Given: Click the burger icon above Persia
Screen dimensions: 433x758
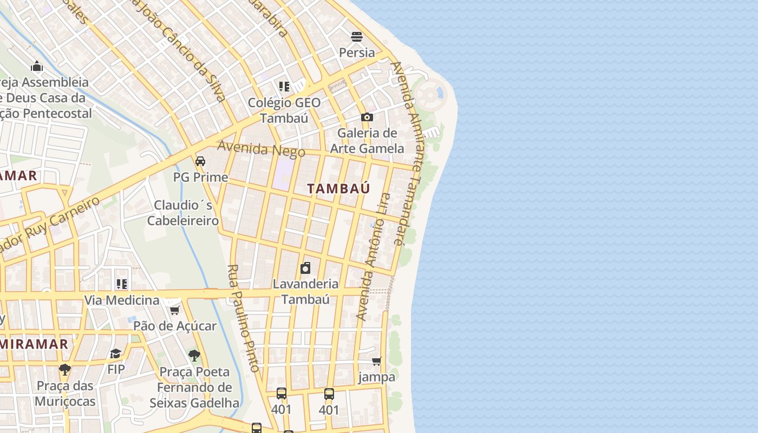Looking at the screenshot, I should pos(357,37).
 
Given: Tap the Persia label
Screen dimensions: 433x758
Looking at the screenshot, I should pos(357,53).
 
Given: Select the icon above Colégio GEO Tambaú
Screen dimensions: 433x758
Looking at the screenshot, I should pos(284,87).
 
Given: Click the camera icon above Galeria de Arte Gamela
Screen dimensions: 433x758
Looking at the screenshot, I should pos(367,117).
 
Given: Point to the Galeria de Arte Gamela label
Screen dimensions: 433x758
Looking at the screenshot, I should pos(367,141).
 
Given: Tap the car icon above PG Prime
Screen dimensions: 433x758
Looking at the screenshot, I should pos(200,161).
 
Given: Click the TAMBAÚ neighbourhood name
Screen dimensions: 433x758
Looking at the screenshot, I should pos(338,188).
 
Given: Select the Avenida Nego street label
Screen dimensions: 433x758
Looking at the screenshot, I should pos(261,149).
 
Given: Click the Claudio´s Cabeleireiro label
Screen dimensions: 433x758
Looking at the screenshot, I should pos(183,213).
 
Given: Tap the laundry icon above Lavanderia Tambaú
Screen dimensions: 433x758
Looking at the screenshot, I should pos(305,268).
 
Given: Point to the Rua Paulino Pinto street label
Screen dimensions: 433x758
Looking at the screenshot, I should pos(243,318).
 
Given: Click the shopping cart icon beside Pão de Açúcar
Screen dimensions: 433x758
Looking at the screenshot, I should pos(174,310).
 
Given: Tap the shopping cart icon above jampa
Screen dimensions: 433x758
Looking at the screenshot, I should pos(376,361).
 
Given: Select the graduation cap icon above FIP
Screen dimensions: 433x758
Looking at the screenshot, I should pos(115,354).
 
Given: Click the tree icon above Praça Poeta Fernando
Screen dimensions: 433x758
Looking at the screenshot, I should pos(194,356).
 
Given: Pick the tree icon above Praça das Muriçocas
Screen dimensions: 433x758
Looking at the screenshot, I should pos(65,370).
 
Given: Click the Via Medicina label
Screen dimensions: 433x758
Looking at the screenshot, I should pos(122,300).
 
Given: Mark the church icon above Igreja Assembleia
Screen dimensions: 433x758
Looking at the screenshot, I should pos(37,66).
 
